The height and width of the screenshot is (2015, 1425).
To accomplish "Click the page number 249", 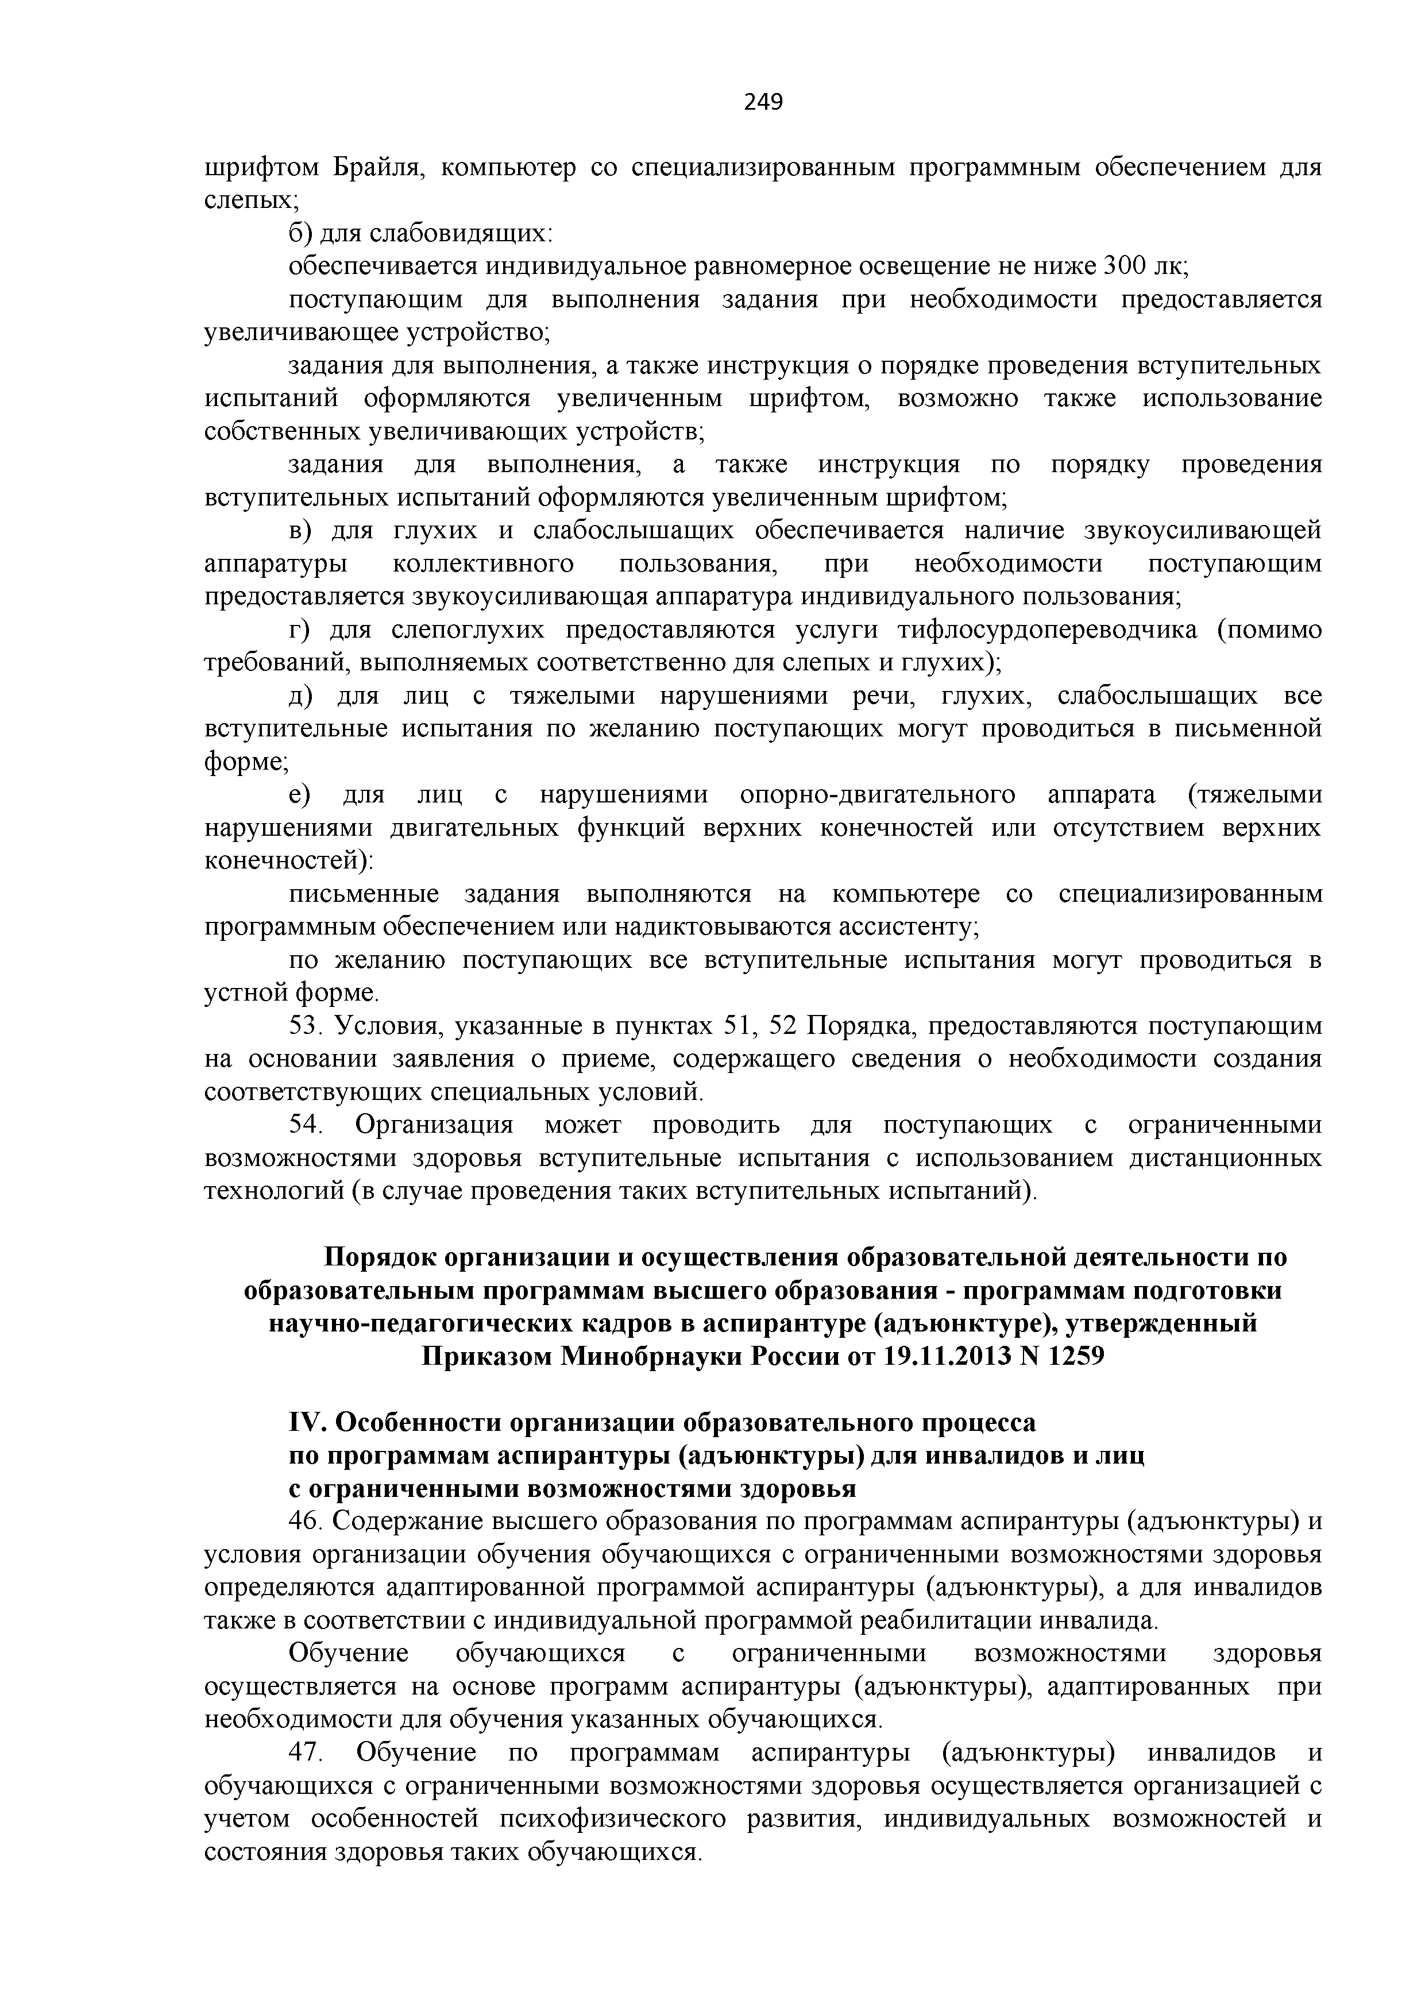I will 763,103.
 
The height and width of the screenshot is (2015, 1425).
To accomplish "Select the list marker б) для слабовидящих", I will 300,233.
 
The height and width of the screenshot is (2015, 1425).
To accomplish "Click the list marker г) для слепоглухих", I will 299,631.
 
